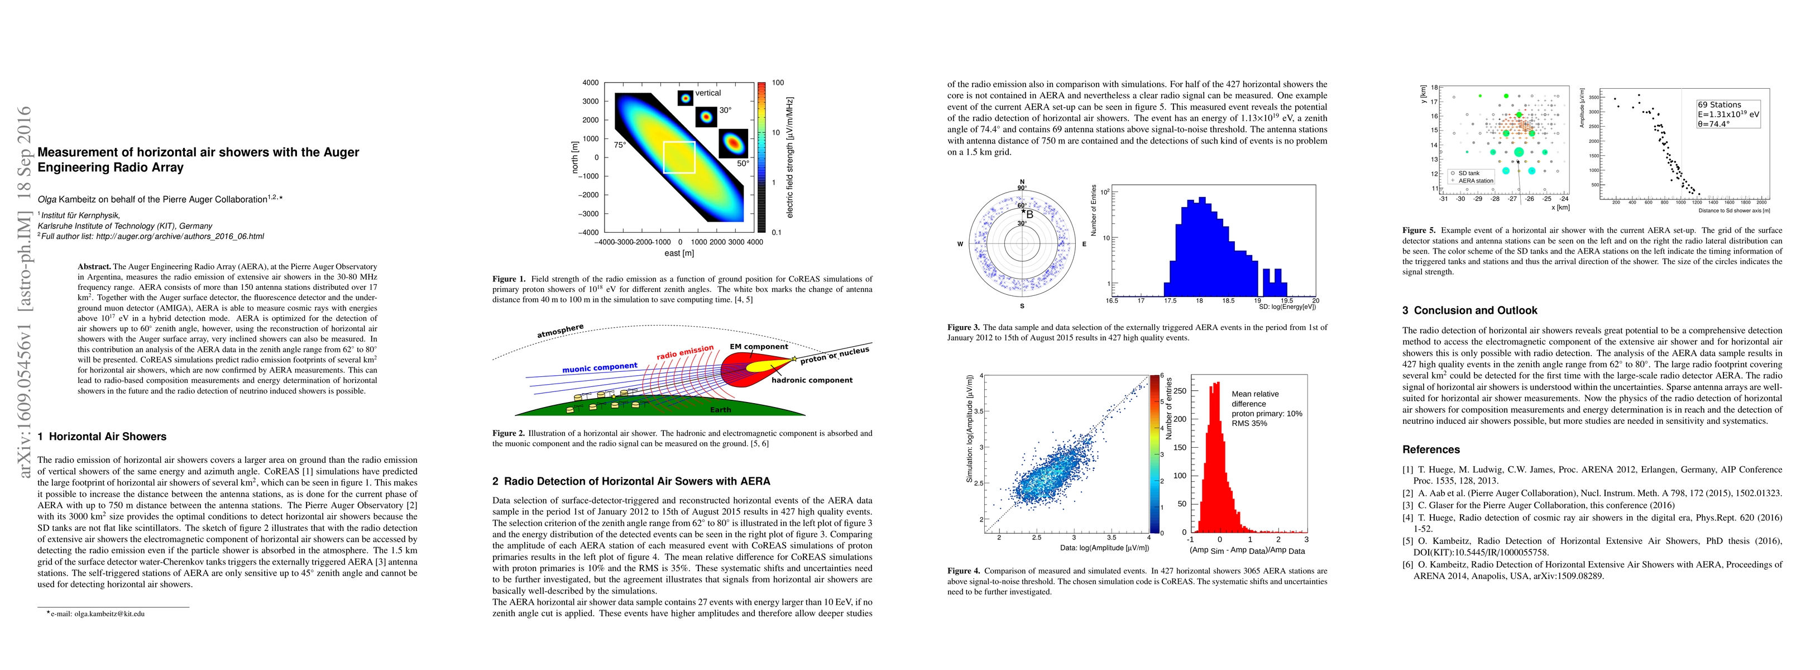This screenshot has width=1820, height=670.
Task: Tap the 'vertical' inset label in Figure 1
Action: click(707, 93)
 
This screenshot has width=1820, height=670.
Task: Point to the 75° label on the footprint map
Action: click(620, 145)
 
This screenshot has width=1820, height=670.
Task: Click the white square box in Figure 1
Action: click(679, 157)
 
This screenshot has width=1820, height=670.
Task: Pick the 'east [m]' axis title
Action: click(679, 253)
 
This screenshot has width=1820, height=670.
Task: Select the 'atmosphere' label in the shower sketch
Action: click(561, 331)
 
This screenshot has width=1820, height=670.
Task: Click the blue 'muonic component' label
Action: click(599, 367)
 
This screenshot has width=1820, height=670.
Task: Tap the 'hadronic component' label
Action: click(812, 380)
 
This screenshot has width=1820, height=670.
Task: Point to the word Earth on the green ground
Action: click(721, 410)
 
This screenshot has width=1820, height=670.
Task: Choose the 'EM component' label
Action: click(759, 347)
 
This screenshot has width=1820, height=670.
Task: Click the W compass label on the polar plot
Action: click(960, 245)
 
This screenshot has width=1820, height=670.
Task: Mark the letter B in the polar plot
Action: click(1029, 214)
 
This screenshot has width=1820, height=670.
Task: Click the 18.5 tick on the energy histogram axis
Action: click(1229, 301)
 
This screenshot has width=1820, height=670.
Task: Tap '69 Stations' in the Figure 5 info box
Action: click(1719, 104)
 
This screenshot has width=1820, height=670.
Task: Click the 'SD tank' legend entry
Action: click(1468, 173)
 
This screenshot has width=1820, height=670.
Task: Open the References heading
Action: click(1431, 449)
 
